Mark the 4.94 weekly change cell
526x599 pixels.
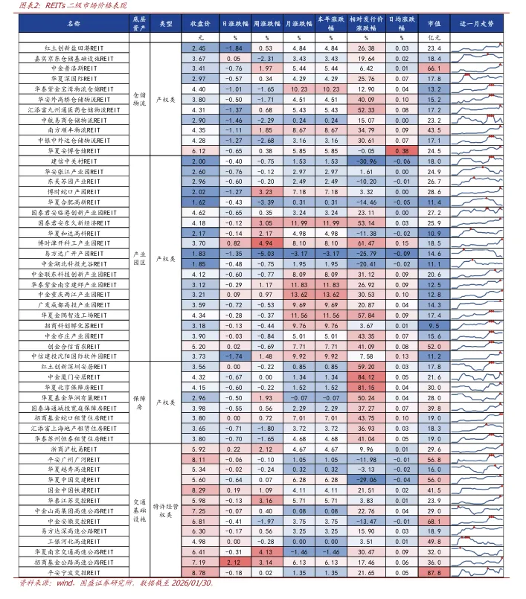265,243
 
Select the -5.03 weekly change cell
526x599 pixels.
265,253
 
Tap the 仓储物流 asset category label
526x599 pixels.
139,99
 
